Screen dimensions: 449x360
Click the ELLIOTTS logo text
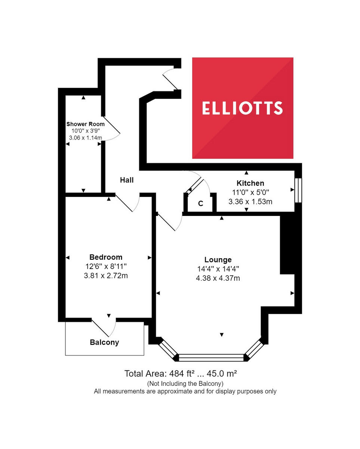(242, 108)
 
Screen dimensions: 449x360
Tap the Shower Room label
(85, 124)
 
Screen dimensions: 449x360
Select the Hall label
(127, 180)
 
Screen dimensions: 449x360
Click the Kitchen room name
(250, 183)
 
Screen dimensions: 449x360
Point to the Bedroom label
(106, 257)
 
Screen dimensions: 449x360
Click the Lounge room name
(218, 260)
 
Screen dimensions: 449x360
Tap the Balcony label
(104, 342)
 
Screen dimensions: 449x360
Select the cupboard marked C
(200, 204)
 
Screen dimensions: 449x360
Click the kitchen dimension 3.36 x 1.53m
(250, 201)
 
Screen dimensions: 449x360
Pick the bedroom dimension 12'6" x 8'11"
(106, 266)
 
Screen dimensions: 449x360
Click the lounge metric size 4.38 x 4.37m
(218, 278)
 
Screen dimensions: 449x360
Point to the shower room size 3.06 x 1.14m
(85, 138)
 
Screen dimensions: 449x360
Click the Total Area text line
(181, 373)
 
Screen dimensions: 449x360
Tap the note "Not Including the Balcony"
(185, 383)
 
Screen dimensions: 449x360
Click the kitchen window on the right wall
(298, 190)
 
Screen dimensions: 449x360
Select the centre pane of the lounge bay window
(211, 357)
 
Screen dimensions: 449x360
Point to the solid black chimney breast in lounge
(287, 245)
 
